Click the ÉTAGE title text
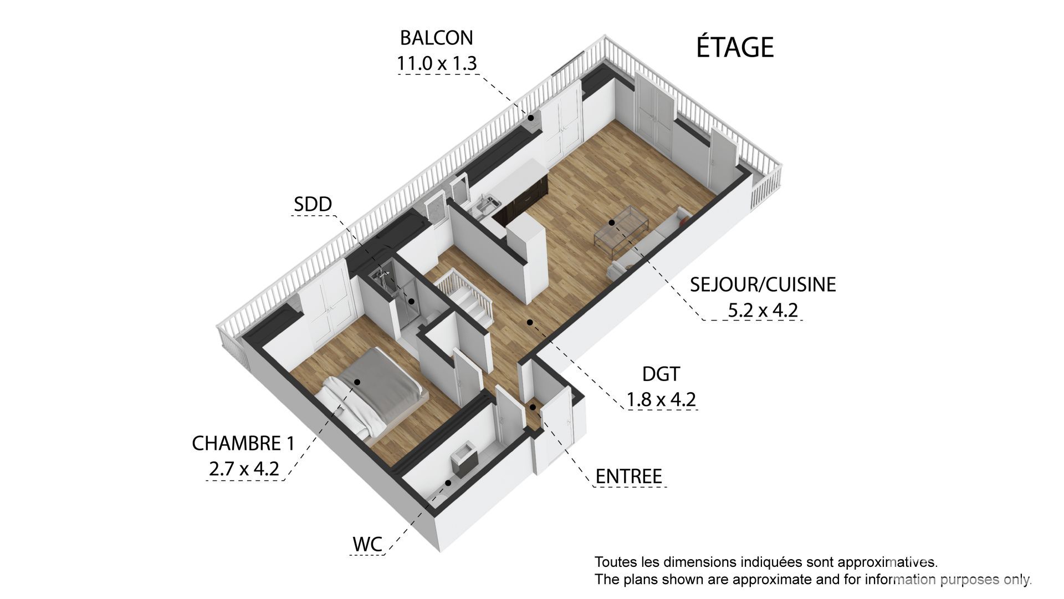click(734, 47)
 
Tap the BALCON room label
click(436, 38)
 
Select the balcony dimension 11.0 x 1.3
click(436, 63)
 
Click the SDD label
click(313, 204)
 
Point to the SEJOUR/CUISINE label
click(763, 284)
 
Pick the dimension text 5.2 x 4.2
click(763, 309)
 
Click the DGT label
click(661, 374)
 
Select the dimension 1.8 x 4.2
click(661, 399)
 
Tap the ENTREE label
click(628, 476)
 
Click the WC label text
click(367, 544)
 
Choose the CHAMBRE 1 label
click(243, 443)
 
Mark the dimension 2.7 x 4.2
click(243, 469)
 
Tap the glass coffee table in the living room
click(621, 227)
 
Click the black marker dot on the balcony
click(530, 118)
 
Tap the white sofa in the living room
click(648, 244)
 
